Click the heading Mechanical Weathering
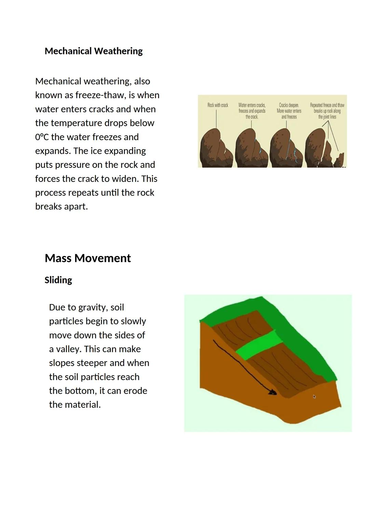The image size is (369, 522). (x=94, y=51)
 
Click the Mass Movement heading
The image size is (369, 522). (x=88, y=258)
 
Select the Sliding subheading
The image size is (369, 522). (x=58, y=280)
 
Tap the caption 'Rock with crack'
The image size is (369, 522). (x=218, y=105)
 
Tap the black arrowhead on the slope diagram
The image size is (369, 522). (x=273, y=392)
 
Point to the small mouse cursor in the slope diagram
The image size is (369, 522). (x=314, y=397)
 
